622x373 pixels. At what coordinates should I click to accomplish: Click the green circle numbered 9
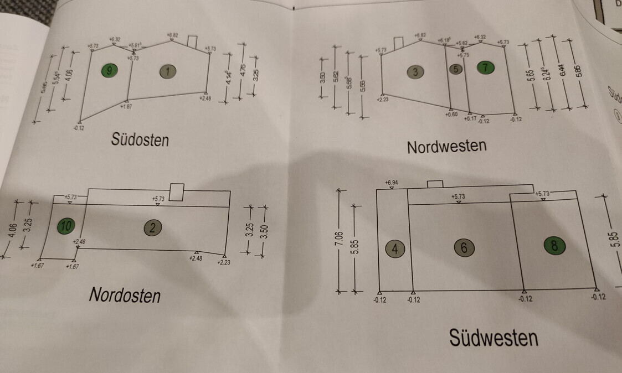tap(110, 70)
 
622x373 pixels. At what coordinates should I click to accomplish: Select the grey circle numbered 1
tap(167, 71)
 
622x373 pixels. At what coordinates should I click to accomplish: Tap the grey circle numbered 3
tap(415, 71)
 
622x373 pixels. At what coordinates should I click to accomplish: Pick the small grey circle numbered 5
tap(456, 69)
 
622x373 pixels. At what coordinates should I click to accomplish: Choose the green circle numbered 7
tap(485, 68)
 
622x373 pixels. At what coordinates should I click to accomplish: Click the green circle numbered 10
tap(66, 225)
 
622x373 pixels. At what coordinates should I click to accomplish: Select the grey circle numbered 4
tap(394, 248)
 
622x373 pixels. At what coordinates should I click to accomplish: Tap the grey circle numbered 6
tap(464, 248)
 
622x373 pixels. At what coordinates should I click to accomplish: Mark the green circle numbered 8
tap(554, 245)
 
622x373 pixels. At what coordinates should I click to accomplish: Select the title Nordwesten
tap(446, 146)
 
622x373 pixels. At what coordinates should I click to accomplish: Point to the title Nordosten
tap(125, 294)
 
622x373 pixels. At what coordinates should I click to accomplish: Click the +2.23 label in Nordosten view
tap(223, 262)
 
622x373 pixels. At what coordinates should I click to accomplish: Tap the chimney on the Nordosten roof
tap(176, 191)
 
